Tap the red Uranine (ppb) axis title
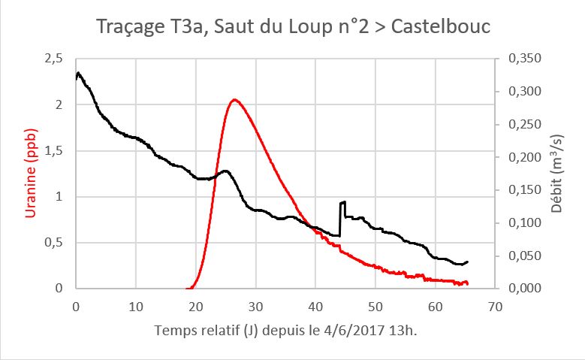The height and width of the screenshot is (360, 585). pyautogui.click(x=32, y=174)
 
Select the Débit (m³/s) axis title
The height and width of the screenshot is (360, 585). pyautogui.click(x=556, y=174)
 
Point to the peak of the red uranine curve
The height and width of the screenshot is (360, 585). pyautogui.click(x=234, y=99)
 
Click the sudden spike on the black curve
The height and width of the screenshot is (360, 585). pyautogui.click(x=342, y=202)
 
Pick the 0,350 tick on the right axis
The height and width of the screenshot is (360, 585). pyautogui.click(x=524, y=59)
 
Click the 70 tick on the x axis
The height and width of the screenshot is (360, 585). pyautogui.click(x=495, y=307)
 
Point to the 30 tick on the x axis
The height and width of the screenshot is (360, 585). pyautogui.click(x=255, y=307)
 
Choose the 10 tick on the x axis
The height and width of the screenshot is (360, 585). pyautogui.click(x=136, y=307)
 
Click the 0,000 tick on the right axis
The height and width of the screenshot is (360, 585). pyautogui.click(x=524, y=289)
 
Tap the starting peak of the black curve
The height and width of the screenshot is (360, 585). pyautogui.click(x=79, y=73)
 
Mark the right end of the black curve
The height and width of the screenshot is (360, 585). pyautogui.click(x=468, y=262)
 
